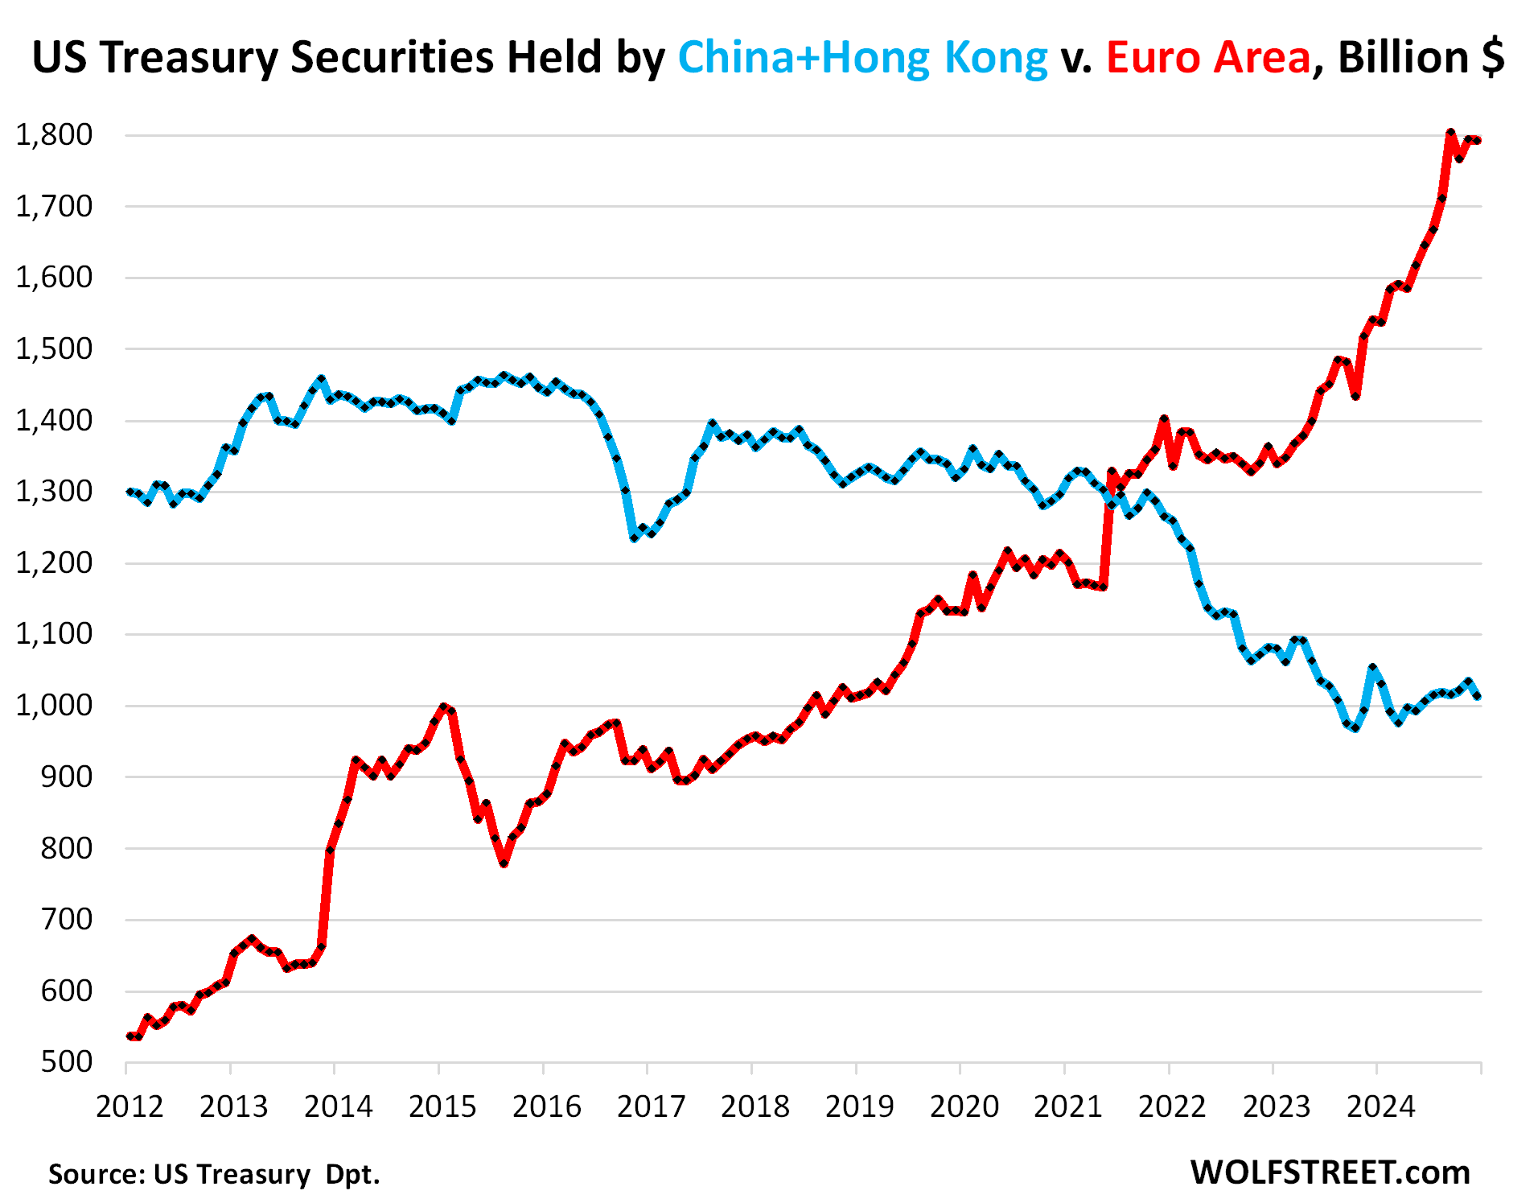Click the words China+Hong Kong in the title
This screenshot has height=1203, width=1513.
[x=862, y=58]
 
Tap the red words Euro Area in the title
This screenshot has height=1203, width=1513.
[x=1208, y=58]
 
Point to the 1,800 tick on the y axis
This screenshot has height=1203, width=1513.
[x=54, y=135]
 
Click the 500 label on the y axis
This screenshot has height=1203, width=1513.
[x=68, y=1061]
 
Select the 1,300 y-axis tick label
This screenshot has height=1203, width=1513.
[x=54, y=491]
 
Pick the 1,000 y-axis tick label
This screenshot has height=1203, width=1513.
[x=54, y=705]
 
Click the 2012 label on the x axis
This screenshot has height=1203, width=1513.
[x=130, y=1106]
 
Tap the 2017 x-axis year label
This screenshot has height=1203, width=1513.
[x=651, y=1106]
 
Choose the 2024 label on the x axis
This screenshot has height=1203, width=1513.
[x=1380, y=1106]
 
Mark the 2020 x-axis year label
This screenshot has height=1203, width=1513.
[x=964, y=1106]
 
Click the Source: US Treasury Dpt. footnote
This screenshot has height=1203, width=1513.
[x=214, y=1174]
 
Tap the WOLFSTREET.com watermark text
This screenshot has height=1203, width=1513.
[x=1330, y=1172]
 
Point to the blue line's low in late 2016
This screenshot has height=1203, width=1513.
[x=634, y=537]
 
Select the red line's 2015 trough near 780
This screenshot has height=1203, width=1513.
[x=504, y=863]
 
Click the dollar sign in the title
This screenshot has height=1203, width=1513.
[x=1492, y=58]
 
